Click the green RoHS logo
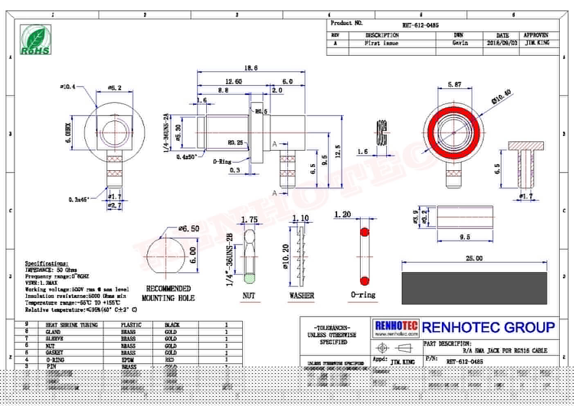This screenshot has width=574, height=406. pos(36,39)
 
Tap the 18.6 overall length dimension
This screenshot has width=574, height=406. pos(251,68)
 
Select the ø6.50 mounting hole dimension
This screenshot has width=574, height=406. pos(189,228)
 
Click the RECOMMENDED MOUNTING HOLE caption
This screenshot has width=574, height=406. pos(168,293)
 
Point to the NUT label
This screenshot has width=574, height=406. pos(249,295)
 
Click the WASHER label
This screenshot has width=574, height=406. pos(302,295)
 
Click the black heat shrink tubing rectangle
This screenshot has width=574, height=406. pos(474,288)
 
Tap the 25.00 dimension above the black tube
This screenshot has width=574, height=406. pos(474,258)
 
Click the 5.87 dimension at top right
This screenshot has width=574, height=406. pos(455,84)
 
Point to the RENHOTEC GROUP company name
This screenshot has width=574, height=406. pos(488,327)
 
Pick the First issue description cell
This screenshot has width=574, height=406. pos(381,43)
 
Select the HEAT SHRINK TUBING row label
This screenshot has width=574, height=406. pos(72,325)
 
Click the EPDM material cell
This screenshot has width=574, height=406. pos(128,360)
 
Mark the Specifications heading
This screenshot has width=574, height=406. pos(47,263)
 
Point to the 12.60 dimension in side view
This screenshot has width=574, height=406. pos(233,81)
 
